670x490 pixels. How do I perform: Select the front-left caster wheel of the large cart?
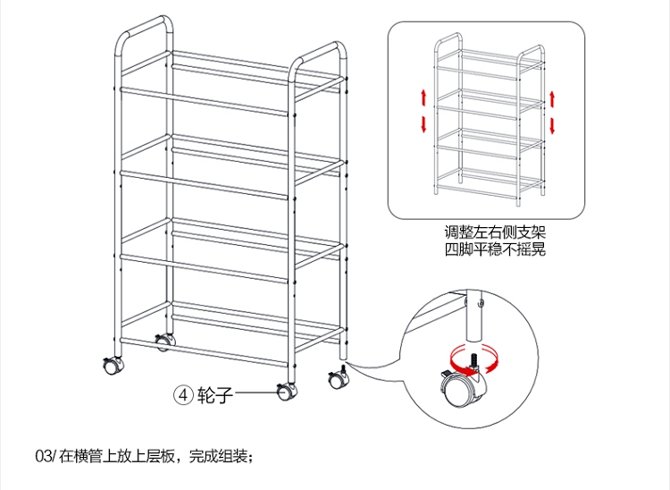pos(112,365)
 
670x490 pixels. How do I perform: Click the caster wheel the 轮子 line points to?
pos(286,391)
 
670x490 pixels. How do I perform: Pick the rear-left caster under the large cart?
pos(163,341)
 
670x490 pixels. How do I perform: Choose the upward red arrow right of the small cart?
pos(554,97)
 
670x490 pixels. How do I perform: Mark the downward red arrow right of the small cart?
pos(554,122)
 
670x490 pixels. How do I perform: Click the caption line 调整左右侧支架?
pos(495,234)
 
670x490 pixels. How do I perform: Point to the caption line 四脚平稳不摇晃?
pos(495,250)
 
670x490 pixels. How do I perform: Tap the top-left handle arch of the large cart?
pos(143,22)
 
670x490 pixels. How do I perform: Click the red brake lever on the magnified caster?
pos(444,372)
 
